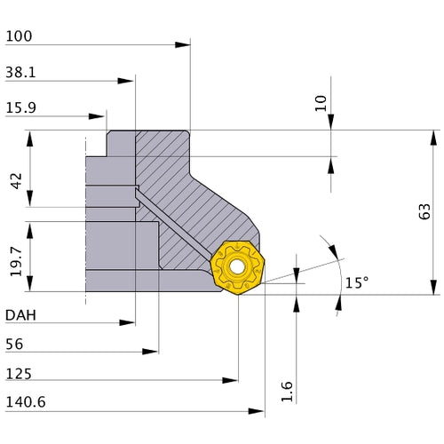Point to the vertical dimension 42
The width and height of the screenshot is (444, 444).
15,181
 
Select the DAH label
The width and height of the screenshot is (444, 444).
21,315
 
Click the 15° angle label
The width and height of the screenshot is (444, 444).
356,282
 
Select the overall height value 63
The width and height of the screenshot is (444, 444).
424,211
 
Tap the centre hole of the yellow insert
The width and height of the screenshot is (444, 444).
237,265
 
